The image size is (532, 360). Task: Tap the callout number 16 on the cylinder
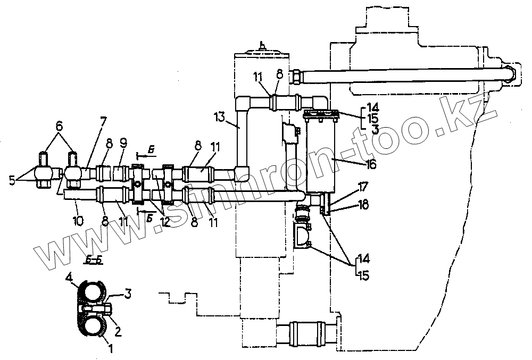(371, 165)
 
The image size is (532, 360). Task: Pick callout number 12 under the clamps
(165, 222)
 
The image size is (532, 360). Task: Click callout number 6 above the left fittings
(59, 127)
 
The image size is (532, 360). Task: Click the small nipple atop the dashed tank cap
(261, 46)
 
